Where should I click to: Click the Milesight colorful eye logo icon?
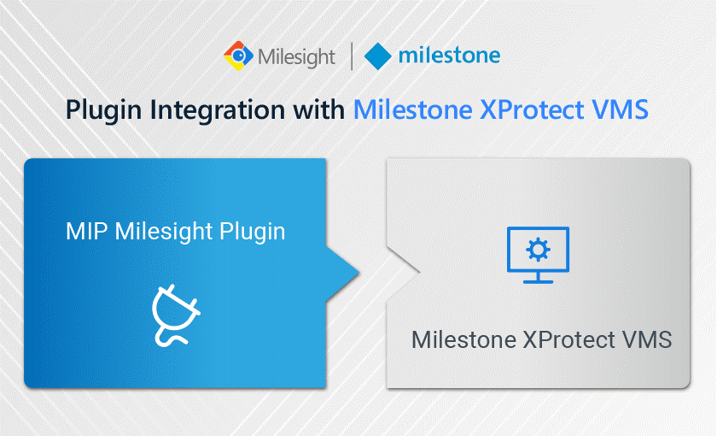point(238,56)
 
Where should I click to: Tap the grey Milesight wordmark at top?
point(296,57)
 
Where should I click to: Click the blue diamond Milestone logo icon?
point(377,56)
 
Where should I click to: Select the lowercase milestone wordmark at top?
point(449,56)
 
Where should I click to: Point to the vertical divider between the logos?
point(351,56)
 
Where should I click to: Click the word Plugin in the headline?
point(104,111)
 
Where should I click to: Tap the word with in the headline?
point(318,109)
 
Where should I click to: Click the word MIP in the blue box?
point(86,232)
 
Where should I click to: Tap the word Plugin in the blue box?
point(253,233)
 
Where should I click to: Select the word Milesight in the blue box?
point(163,233)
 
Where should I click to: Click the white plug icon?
point(175,315)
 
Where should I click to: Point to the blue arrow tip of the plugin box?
point(359,274)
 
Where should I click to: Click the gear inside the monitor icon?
point(538,250)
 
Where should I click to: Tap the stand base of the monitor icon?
point(538,281)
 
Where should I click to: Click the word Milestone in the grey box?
point(464,340)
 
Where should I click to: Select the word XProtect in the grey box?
point(569,340)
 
